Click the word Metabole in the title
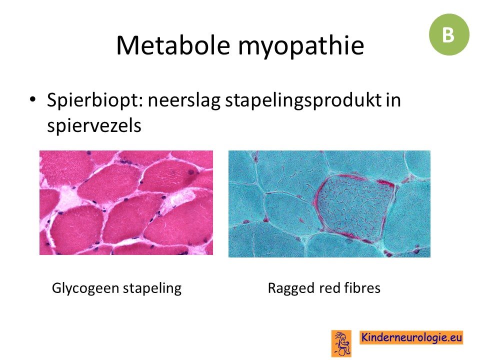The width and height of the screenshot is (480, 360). coord(173,45)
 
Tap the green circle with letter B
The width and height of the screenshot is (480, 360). coord(449,34)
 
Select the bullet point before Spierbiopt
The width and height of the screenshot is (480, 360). coord(32,99)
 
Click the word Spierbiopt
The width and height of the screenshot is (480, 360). coord(95,100)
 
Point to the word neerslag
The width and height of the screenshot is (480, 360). coord(184,100)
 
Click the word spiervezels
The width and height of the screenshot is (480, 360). coord(94,125)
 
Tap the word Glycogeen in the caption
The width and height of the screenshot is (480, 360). coord(85,288)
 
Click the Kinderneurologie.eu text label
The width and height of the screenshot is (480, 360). coord(411,337)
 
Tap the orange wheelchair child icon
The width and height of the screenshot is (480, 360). coord(341,343)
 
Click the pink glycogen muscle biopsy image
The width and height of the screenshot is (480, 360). coord(126,202)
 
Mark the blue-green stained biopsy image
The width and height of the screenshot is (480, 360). coord(329,204)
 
